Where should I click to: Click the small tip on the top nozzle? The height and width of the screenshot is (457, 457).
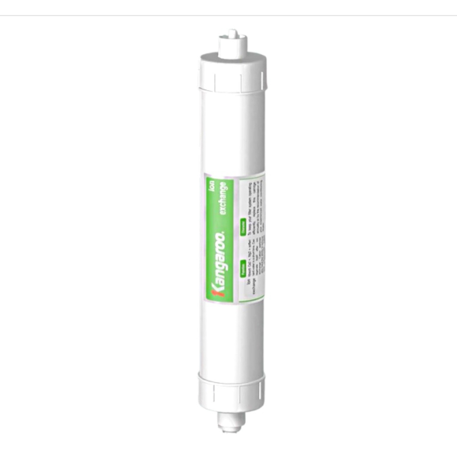tap(232, 33)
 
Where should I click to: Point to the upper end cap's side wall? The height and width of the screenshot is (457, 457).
tap(232, 80)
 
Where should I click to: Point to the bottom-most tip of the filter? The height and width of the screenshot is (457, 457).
tap(229, 431)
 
